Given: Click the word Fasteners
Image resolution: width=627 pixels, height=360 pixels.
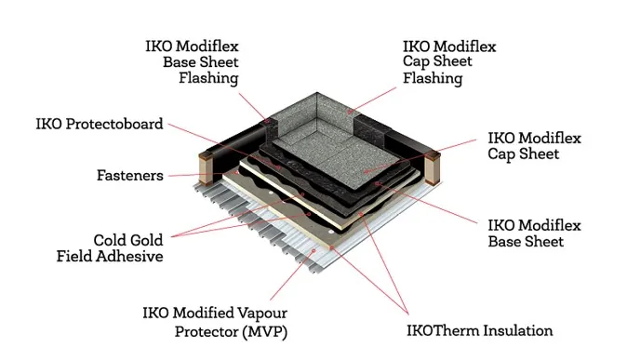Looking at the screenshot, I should point(130,175).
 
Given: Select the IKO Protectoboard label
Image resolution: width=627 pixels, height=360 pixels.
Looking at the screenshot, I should point(100,124).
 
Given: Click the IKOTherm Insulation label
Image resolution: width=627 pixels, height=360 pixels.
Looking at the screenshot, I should point(479,330).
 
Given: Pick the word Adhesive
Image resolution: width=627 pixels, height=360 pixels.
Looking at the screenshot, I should point(131,256).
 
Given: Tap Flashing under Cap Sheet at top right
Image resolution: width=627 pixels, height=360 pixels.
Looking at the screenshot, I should point(433,79).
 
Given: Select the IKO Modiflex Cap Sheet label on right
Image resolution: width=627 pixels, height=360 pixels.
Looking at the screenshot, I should point(534,146).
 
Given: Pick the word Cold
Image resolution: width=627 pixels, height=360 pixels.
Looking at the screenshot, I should point(111,239).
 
